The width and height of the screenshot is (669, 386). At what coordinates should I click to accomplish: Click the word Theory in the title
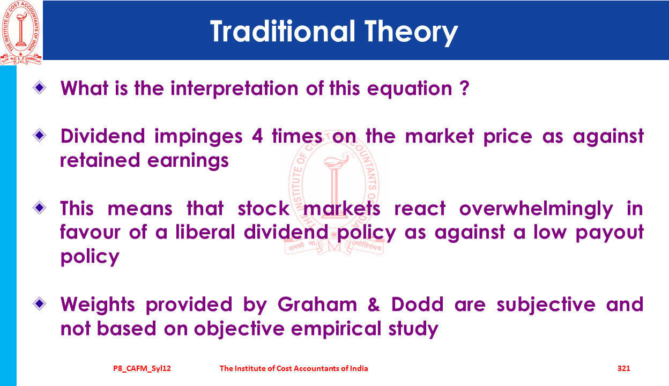[x=411, y=33]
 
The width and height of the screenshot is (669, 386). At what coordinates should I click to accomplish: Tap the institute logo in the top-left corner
[x=20, y=32]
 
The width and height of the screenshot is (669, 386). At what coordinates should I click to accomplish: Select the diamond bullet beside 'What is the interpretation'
[x=40, y=88]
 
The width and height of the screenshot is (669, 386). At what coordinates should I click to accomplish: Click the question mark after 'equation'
[x=464, y=88]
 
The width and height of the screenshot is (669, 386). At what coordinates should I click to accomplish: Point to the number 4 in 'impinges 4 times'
[x=257, y=136]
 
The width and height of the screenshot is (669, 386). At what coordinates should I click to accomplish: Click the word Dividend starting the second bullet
[x=103, y=136]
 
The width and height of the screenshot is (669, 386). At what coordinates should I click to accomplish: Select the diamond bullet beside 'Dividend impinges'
[x=40, y=135]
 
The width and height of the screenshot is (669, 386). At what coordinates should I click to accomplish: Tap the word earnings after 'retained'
[x=188, y=161]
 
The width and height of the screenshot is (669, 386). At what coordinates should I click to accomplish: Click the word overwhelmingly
[x=536, y=209]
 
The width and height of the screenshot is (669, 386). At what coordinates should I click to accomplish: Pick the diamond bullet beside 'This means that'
[x=40, y=207]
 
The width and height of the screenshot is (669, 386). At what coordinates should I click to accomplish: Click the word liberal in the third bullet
[x=205, y=232]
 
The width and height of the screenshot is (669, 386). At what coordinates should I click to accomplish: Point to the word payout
[x=609, y=233]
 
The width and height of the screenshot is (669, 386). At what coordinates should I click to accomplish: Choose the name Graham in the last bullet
[x=317, y=305]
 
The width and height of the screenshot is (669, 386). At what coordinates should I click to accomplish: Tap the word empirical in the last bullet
[x=336, y=329]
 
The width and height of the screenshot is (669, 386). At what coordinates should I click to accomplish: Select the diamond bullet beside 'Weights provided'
[x=40, y=304]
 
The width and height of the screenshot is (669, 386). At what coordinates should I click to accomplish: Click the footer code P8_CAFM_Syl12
[x=142, y=368]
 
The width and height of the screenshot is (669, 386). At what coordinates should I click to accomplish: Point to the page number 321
[x=623, y=368]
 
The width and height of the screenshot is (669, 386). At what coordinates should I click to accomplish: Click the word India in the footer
[x=359, y=368]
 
